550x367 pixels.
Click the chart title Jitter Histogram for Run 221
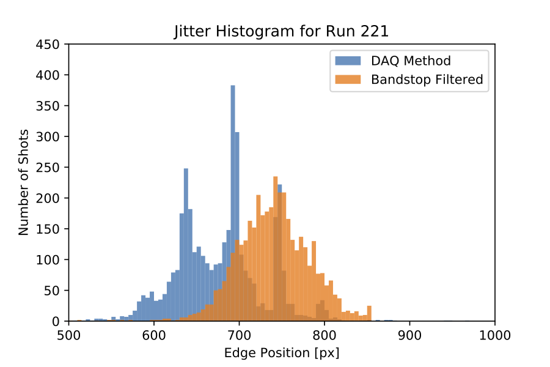(x=281, y=31)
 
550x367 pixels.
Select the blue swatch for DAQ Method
(x=348, y=61)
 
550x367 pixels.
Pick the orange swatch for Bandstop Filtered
(x=348, y=79)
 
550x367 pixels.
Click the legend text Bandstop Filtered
(x=427, y=79)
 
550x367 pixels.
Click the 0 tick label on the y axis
(x=56, y=322)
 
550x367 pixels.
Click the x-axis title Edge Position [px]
(x=281, y=353)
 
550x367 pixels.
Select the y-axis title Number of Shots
(x=24, y=182)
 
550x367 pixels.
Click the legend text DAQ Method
(x=411, y=61)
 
